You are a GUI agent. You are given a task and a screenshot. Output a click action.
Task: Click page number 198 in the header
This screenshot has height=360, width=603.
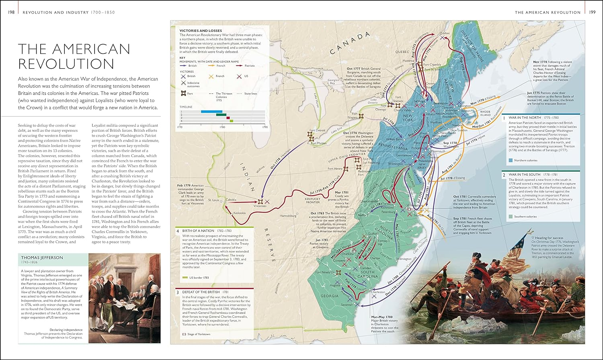point(11,12)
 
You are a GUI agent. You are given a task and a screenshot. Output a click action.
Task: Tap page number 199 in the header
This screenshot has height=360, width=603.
point(592,12)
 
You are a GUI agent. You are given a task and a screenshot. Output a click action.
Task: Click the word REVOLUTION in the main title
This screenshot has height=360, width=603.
point(66,64)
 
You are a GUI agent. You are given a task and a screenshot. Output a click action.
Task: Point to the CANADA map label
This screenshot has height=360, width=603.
point(350,43)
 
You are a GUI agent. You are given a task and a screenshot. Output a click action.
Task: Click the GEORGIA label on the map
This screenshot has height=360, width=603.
point(329,296)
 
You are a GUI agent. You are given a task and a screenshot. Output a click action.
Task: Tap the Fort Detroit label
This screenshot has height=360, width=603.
point(317,131)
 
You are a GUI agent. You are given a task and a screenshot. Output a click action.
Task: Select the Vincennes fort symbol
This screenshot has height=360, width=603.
point(260,201)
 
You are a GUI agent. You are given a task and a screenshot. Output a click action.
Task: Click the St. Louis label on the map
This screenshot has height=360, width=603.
point(213,200)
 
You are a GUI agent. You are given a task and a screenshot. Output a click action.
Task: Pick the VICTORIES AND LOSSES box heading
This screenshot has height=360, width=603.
point(200,31)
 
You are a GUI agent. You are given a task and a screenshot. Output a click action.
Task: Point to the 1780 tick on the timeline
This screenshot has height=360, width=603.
point(222,127)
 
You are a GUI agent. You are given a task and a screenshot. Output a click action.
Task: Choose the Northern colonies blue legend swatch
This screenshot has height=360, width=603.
point(511,160)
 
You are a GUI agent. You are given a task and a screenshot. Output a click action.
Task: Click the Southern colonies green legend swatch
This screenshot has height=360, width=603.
point(511,217)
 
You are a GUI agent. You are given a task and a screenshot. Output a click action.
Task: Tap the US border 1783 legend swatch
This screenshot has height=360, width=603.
point(185,278)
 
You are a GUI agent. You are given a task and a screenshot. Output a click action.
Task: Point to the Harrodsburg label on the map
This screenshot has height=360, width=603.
point(288,216)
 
